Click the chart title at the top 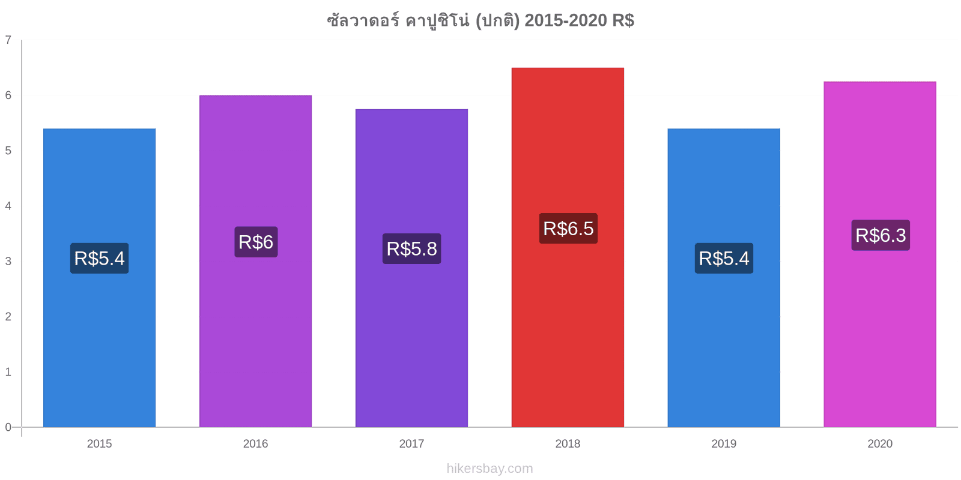[x=480, y=20]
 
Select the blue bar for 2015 [x=100, y=278]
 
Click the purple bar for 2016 [x=256, y=261]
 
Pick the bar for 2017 [x=412, y=268]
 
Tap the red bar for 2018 [x=568, y=247]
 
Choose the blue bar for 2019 [x=724, y=278]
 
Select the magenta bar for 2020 [x=880, y=254]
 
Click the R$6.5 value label [x=568, y=229]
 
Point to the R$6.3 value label [x=881, y=235]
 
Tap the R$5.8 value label [x=412, y=248]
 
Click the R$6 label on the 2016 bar [x=256, y=242]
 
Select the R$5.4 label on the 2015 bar [x=100, y=259]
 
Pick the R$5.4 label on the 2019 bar [x=724, y=259]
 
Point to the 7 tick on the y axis [x=8, y=40]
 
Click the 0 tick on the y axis [x=8, y=427]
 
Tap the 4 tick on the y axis [x=8, y=206]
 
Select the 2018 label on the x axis [x=568, y=443]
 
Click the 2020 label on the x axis [x=880, y=443]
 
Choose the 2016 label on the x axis [x=256, y=443]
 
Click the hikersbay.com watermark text [x=490, y=469]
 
